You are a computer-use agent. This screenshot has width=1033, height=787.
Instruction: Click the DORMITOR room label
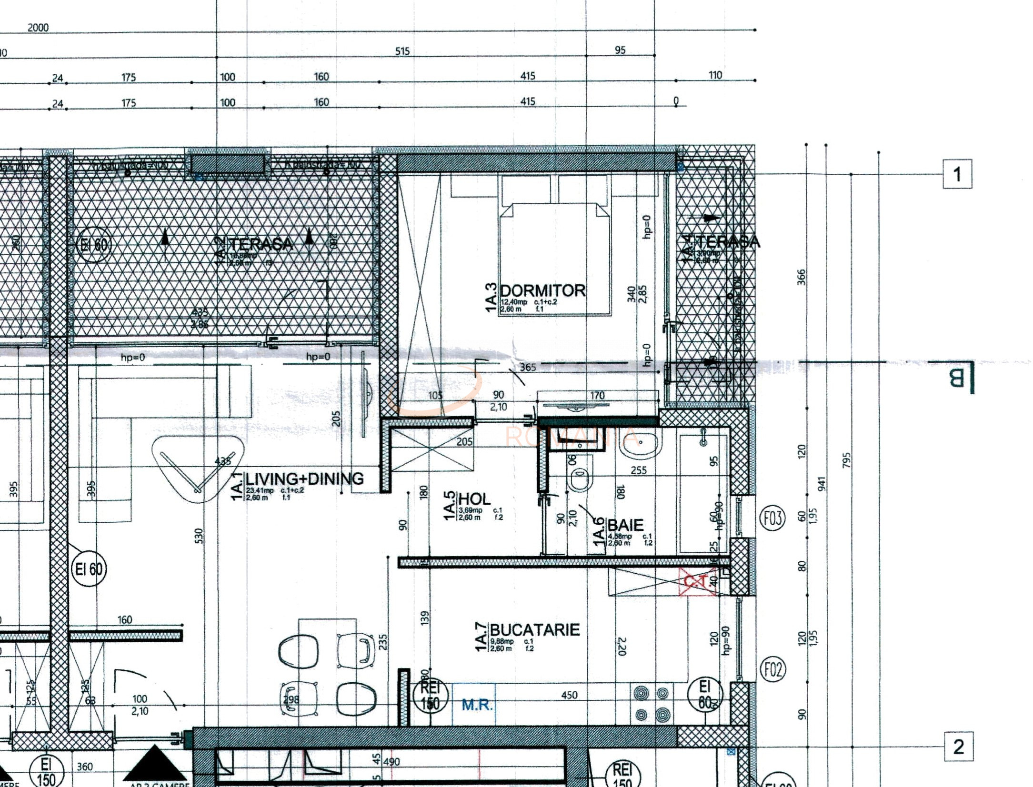click(542, 290)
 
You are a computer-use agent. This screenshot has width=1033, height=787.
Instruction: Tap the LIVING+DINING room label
click(304, 478)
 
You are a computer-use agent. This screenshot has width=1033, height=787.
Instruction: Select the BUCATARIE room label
click(534, 630)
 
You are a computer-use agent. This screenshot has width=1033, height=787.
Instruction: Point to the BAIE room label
click(625, 525)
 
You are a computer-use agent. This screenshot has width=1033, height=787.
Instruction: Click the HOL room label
click(474, 499)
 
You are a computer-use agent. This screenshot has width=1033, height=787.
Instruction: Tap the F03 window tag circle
click(772, 518)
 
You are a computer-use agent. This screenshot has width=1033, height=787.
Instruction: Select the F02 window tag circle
click(772, 670)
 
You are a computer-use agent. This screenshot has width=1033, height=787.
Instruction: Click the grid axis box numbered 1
click(957, 175)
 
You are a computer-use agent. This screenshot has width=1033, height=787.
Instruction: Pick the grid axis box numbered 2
click(958, 747)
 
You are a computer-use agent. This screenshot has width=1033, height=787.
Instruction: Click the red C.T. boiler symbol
click(697, 581)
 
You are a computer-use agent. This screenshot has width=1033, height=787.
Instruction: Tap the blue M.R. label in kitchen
click(477, 705)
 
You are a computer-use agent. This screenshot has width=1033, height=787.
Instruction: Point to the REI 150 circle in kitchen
click(430, 696)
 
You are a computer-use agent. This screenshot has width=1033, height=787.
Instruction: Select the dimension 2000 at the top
click(38, 28)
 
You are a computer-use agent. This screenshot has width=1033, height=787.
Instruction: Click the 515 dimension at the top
click(402, 51)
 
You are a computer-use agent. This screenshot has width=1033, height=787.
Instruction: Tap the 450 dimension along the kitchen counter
click(569, 695)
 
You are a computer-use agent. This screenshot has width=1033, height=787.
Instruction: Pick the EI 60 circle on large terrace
click(94, 245)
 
